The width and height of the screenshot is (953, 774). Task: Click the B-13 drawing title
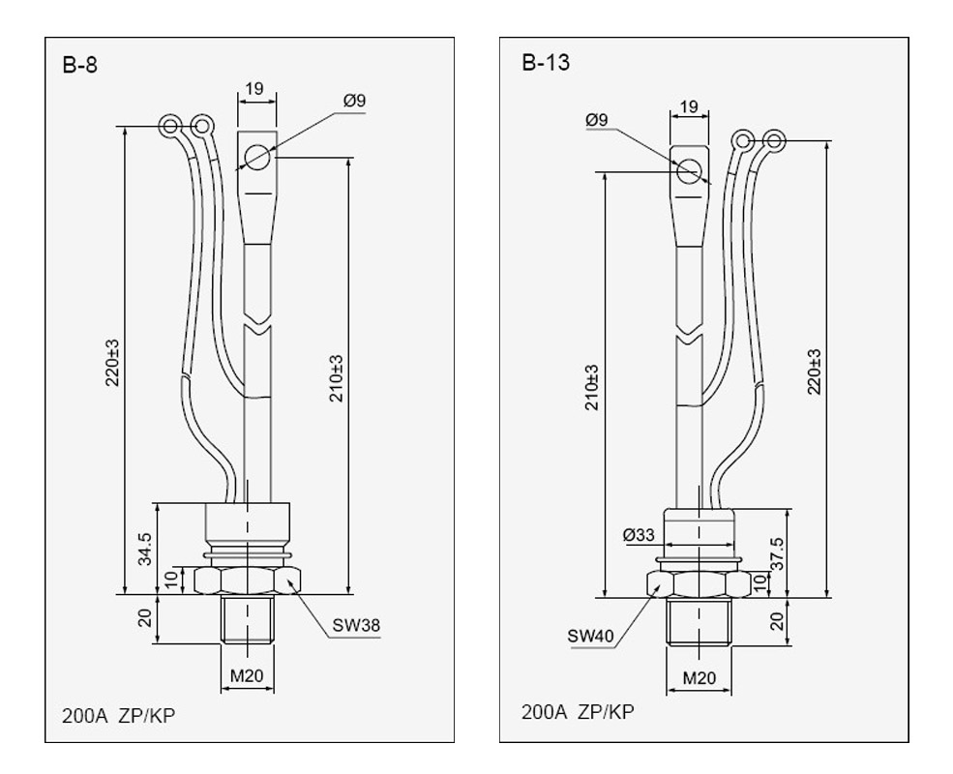(545, 65)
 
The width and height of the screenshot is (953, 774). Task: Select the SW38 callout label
(355, 625)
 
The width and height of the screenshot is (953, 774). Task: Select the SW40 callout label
(591, 638)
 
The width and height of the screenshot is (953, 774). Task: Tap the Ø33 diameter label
(640, 534)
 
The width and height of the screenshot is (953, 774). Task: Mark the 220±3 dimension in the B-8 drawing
(113, 360)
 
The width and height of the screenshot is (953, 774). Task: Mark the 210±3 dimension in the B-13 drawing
(591, 387)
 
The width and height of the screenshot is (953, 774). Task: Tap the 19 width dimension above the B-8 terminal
(254, 89)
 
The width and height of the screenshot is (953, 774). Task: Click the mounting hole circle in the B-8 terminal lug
(257, 156)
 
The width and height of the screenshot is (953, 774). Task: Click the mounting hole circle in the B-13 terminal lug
(690, 171)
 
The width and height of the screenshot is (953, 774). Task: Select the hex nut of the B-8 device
(248, 580)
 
